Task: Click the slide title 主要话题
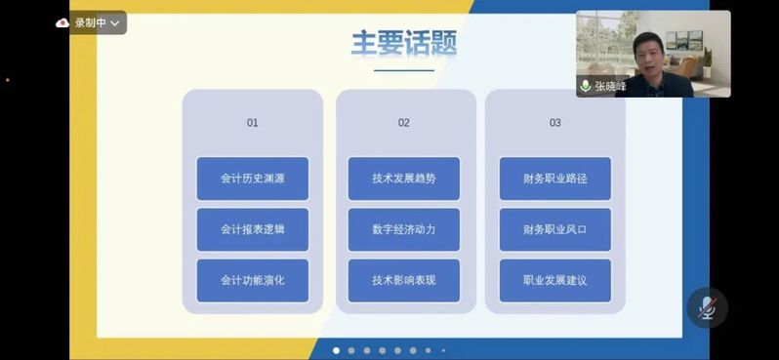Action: pos(404,44)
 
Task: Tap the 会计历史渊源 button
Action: pos(253,179)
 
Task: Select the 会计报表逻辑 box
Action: pos(253,229)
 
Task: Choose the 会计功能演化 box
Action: pos(253,281)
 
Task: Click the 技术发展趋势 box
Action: pos(404,179)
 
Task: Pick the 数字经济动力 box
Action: pos(404,229)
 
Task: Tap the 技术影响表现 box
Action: pos(404,281)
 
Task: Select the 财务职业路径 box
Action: pos(554,179)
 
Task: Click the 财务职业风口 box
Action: pos(554,229)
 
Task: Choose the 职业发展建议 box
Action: pos(554,281)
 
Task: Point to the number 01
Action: pos(253,123)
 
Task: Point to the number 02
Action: pos(404,123)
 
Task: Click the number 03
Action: pos(554,123)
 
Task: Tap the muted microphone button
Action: pos(708,308)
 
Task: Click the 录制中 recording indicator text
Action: pos(91,22)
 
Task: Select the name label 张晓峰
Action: pos(610,87)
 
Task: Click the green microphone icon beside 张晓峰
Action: pos(586,87)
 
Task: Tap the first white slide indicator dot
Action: pos(337,350)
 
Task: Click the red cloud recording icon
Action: pos(62,22)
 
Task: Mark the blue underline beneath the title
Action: pos(404,70)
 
